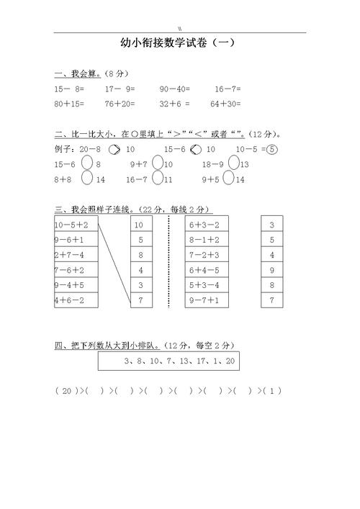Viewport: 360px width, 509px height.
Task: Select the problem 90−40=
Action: [x=174, y=89]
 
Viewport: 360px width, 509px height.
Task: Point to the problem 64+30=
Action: [x=225, y=104]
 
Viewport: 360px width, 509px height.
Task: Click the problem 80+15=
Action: [x=69, y=104]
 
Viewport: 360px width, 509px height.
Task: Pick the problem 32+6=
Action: [x=174, y=104]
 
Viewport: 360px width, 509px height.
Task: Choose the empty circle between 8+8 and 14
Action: [x=86, y=179]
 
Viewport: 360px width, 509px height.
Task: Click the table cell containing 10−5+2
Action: [x=76, y=225]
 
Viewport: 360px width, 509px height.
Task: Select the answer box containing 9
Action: [x=271, y=270]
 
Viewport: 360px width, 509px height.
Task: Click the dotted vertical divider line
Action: [x=169, y=263]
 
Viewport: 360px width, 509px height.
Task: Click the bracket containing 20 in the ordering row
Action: [x=66, y=391]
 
